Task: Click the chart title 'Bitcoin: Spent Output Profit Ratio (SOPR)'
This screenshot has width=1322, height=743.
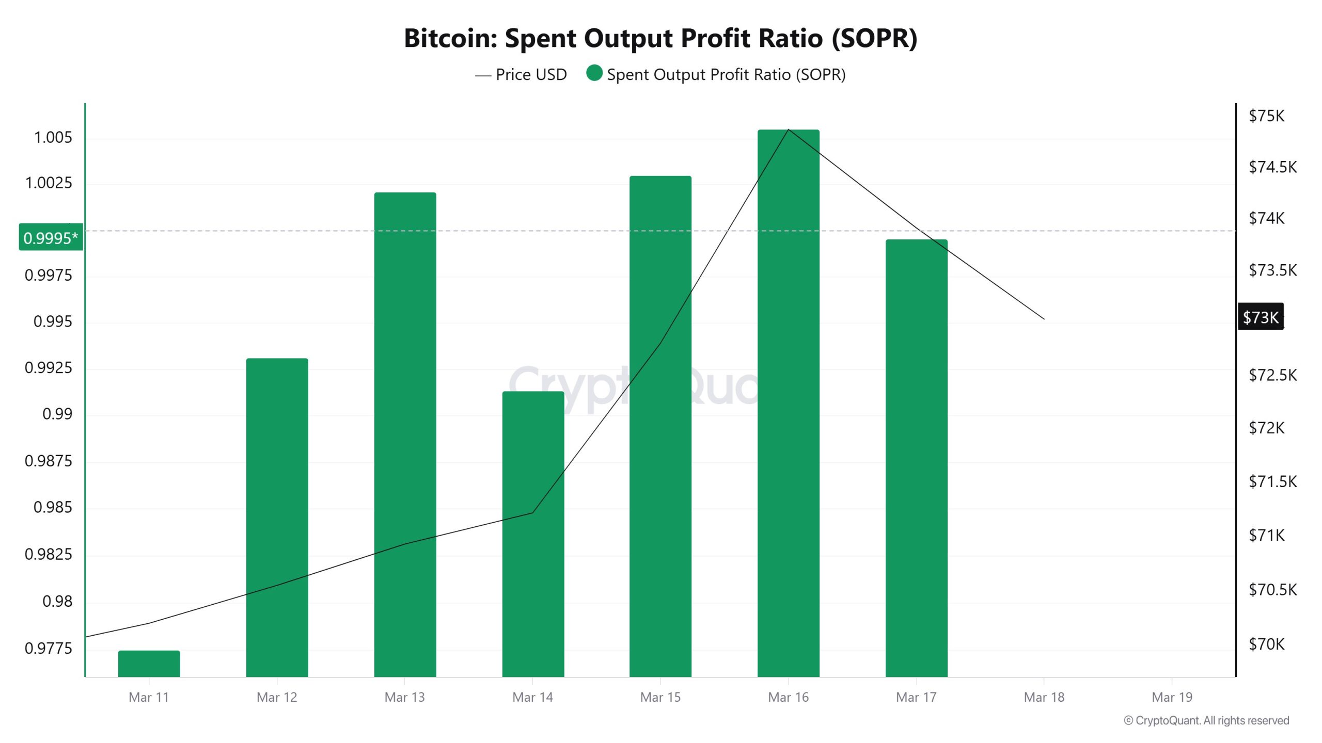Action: (660, 38)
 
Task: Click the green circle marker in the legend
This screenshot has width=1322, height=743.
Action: (594, 73)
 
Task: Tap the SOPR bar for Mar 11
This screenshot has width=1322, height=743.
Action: (149, 664)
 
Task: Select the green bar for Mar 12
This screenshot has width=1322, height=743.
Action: (277, 516)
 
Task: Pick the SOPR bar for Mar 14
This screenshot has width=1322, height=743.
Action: (533, 534)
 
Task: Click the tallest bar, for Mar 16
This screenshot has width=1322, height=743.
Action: (788, 402)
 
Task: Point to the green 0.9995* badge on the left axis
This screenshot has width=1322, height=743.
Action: (51, 237)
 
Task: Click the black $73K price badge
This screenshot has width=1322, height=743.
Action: (1261, 317)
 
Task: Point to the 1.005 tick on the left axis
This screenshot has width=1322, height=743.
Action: (53, 138)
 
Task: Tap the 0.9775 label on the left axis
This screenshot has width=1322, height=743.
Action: (49, 648)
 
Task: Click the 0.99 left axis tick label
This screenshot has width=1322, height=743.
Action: (57, 414)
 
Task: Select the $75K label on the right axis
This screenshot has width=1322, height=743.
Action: (1266, 116)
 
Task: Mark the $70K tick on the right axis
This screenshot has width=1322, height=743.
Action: (1266, 644)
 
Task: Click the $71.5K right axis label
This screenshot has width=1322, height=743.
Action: (1272, 481)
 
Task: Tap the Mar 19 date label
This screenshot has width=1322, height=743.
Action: (1172, 697)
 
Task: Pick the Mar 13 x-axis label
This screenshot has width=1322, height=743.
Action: (404, 697)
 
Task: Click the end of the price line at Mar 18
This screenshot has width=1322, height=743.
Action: (1044, 319)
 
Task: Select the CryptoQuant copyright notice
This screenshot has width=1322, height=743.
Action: (1206, 720)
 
